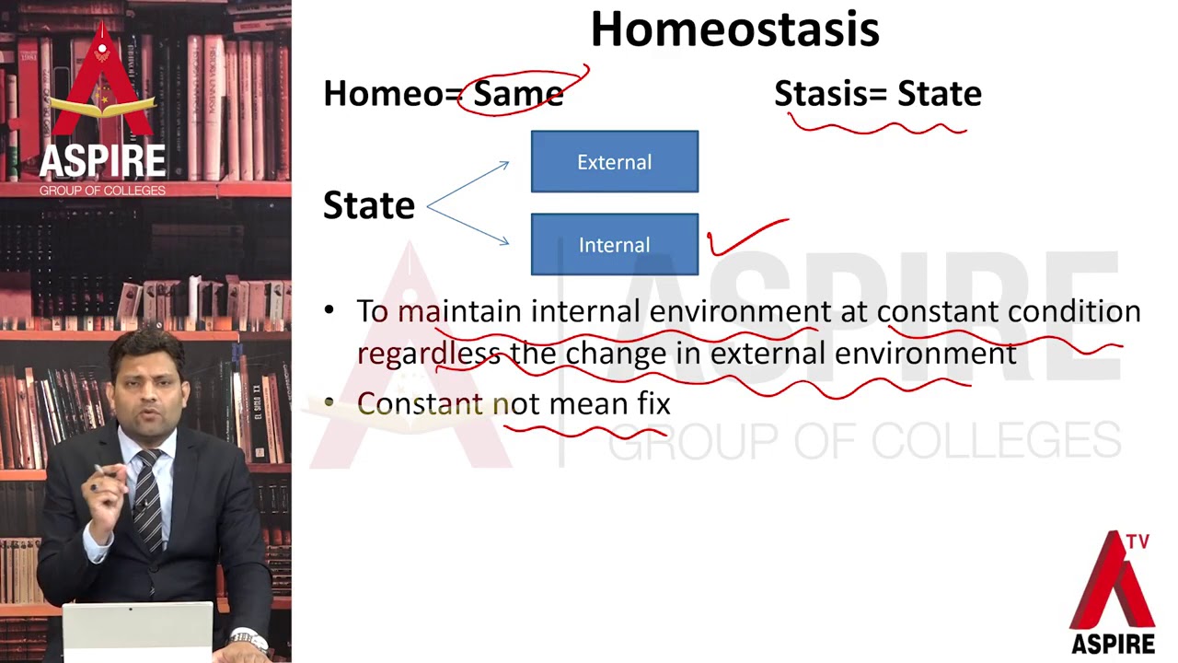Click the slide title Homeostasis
click(x=734, y=29)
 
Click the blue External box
click(x=614, y=162)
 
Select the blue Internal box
click(x=614, y=245)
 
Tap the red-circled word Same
click(x=517, y=94)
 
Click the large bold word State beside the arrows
click(x=368, y=205)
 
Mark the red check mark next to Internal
click(x=745, y=238)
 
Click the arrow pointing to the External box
click(x=469, y=183)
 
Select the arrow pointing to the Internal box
click(x=469, y=227)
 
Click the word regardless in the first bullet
click(x=428, y=354)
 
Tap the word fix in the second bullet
click(x=652, y=403)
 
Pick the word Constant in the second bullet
click(x=419, y=403)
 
